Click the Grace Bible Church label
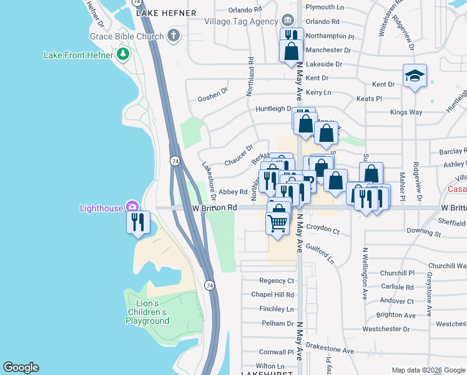[126, 36]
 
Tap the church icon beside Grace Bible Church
[174, 36]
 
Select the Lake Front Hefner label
[78, 55]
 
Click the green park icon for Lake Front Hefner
[123, 55]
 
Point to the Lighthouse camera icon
[132, 207]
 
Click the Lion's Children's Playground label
[147, 312]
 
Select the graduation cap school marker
[415, 76]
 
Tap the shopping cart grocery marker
[278, 221]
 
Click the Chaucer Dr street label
[238, 155]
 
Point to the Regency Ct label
[277, 281]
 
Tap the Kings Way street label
[406, 112]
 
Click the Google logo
[21, 367]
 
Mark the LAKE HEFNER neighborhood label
[165, 12]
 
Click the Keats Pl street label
[369, 99]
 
